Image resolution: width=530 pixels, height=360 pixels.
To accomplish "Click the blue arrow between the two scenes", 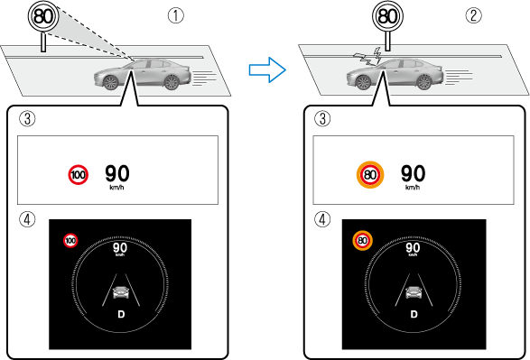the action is click(267, 69).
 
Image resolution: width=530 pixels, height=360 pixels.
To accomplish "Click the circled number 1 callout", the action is click(176, 15).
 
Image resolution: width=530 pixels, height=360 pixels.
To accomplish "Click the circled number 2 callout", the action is click(473, 15).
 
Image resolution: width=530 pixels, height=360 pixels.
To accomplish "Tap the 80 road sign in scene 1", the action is click(43, 16).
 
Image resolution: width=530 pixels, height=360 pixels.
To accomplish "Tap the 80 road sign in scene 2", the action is click(387, 16).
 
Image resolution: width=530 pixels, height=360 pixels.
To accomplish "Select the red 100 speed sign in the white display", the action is click(78, 175).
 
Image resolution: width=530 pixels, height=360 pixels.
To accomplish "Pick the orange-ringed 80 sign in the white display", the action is click(370, 175).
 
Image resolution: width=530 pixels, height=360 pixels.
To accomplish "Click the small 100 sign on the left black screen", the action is click(70, 240).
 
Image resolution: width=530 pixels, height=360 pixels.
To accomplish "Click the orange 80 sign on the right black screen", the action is click(362, 240).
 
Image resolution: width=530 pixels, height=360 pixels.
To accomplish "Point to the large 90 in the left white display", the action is click(117, 173).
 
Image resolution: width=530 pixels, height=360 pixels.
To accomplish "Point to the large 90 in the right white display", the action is click(413, 173).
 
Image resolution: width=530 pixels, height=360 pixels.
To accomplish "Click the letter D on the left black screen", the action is click(121, 314).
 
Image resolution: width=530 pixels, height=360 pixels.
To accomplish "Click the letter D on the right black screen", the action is click(414, 314).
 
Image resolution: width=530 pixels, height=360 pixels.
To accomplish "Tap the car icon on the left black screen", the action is click(121, 292).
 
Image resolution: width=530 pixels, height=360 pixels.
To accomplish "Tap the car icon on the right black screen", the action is click(414, 292).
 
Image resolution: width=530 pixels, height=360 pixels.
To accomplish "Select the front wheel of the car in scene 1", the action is click(110, 82).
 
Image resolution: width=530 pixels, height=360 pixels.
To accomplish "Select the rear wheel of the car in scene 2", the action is click(423, 82).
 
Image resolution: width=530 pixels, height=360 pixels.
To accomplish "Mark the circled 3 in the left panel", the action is click(27, 119).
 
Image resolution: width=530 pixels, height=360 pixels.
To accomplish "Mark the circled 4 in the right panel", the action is click(322, 219).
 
